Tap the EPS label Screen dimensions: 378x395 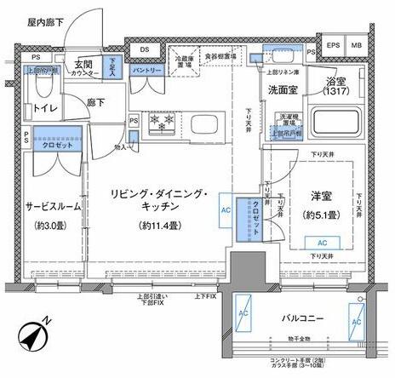(334, 44)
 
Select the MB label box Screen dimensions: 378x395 (358, 44)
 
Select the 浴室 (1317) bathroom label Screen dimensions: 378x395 (335, 87)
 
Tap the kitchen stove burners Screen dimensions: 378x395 (163, 123)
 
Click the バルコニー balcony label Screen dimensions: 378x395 (303, 318)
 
